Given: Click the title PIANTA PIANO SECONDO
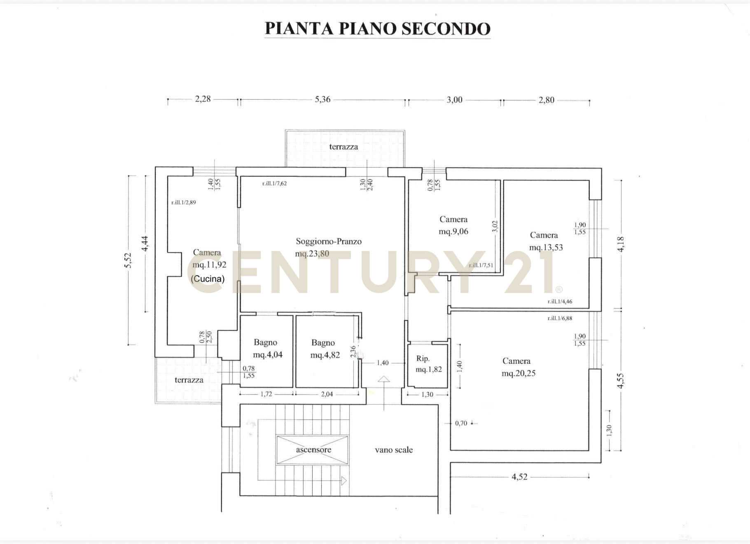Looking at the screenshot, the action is coord(377,28).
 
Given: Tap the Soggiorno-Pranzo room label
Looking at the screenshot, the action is coord(329,241).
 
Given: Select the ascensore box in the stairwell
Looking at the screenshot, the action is coord(313,450).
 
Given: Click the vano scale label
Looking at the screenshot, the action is coord(394,450).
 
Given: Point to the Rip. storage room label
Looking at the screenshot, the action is coord(423,359).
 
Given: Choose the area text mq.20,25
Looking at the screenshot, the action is coord(519,373).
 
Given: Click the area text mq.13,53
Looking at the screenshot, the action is coord(546,247).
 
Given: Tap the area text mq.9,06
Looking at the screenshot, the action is coord(453,231).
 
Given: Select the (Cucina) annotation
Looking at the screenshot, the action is coord(208,279).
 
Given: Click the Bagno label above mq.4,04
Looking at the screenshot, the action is coord(265,342).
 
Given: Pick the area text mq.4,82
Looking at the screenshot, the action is coord(325,355).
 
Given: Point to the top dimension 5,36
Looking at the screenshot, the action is coord(322,99).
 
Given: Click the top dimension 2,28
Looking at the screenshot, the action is coord(203,99).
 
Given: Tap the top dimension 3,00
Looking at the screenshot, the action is coord(455,100).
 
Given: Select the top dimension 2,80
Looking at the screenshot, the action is coord(547,100).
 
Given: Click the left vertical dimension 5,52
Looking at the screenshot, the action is coord(128,260).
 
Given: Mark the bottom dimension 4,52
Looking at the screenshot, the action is coord(519,477).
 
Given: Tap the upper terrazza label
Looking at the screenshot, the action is coord(343,147).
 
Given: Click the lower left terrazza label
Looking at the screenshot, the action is coord(189,380).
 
